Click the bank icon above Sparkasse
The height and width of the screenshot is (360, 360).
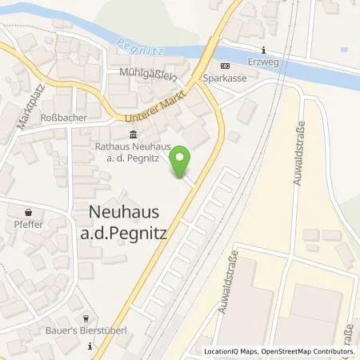224,66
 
